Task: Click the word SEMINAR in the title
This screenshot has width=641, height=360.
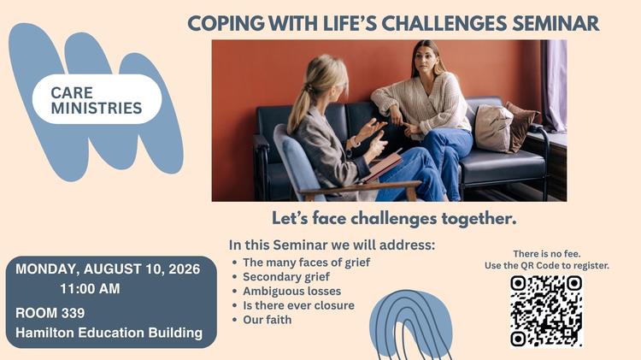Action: click(x=556, y=23)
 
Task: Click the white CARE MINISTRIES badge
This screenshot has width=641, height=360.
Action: click(x=97, y=99)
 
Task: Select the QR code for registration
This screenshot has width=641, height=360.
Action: click(x=546, y=311)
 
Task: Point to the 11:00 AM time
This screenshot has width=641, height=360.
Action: click(x=90, y=289)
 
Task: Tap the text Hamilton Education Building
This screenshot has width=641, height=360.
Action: click(x=109, y=333)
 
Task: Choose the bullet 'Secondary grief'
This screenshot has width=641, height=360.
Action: click(x=286, y=277)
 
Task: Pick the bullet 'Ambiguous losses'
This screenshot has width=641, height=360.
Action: click(x=292, y=292)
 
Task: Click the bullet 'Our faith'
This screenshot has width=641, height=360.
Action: click(x=268, y=320)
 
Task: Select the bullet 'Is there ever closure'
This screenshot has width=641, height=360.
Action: click(x=299, y=305)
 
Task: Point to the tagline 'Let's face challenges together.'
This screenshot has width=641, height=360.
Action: click(x=394, y=218)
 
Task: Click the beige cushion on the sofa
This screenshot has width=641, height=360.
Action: click(x=493, y=128)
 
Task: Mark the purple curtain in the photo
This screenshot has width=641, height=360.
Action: click(x=554, y=86)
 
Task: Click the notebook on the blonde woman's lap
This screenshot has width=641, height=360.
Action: click(x=382, y=167)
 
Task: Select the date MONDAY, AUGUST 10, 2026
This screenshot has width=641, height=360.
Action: click(x=108, y=269)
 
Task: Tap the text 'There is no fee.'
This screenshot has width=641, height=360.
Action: click(x=547, y=254)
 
